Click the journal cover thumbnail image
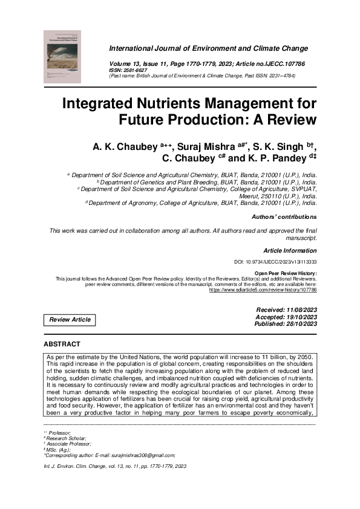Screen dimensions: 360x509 [62, 57]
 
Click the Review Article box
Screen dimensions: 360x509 [70, 320]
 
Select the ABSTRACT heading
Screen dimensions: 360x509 [62, 344]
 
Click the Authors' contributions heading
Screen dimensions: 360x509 [284, 216]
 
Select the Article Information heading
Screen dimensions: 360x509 [290, 250]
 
